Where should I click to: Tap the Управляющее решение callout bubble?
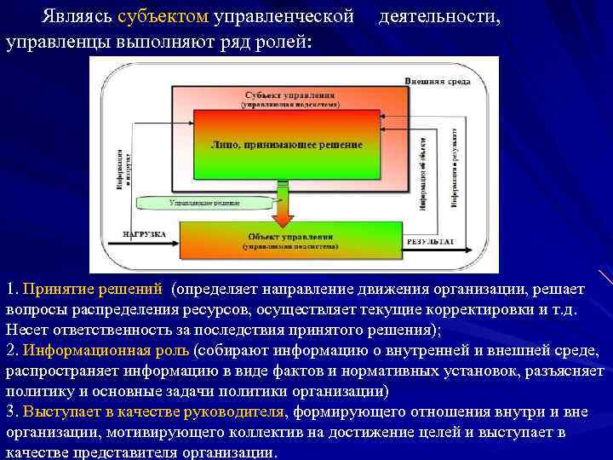pos(203,204)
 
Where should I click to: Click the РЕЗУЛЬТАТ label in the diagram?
pos(430,242)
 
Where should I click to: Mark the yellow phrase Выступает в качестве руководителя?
pos(155,412)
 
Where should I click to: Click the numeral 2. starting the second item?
pos(12,351)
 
